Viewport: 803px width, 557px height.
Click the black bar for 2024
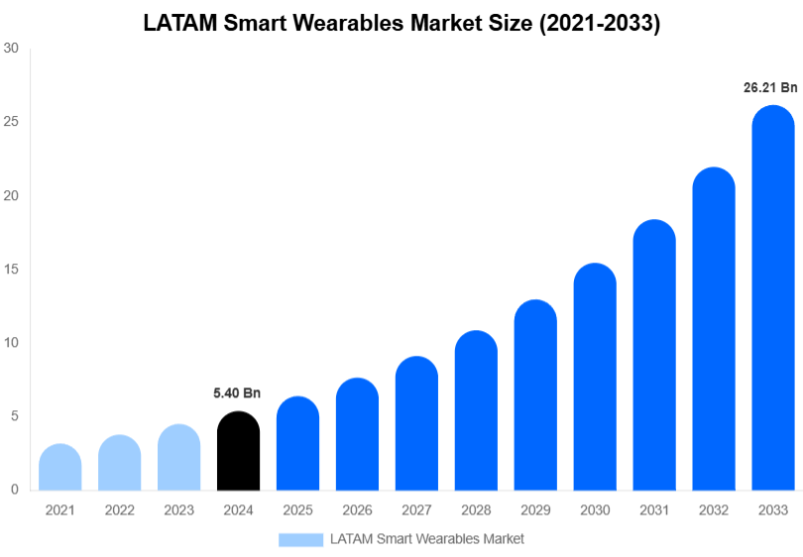(238, 451)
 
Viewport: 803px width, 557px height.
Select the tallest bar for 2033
(773, 297)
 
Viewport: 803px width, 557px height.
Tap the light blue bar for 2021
(60, 467)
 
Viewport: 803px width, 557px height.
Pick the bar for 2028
(476, 410)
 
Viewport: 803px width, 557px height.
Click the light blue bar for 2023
(179, 457)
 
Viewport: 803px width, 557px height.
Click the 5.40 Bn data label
(237, 393)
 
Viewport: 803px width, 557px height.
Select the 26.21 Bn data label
(770, 87)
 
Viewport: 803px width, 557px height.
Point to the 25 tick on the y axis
(12, 122)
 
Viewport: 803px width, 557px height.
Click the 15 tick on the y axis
(12, 270)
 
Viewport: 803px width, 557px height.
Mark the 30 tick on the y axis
(12, 48)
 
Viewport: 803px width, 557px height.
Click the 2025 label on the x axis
(297, 510)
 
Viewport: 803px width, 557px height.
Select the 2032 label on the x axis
(714, 510)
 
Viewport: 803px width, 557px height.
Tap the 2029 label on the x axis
(535, 510)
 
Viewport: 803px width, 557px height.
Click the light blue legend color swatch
(300, 539)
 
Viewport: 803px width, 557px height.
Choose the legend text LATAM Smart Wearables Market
(426, 539)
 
